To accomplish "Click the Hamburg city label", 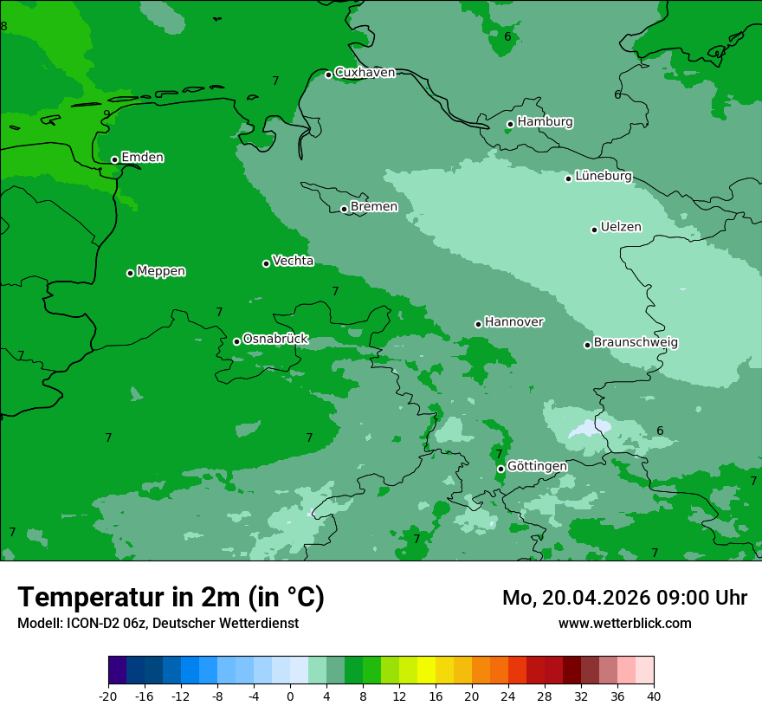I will [545, 122].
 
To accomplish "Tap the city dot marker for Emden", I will [114, 159].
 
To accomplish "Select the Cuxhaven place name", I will [365, 73].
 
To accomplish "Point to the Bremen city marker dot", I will [344, 209].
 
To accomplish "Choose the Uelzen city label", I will [621, 227].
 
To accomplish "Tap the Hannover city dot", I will [478, 324].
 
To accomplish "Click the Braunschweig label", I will [636, 342].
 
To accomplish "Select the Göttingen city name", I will [537, 466].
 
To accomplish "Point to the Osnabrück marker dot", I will [236, 341].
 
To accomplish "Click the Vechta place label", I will [293, 261].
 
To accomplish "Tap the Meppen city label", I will [161, 271].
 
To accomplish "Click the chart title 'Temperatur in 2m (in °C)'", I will [171, 597].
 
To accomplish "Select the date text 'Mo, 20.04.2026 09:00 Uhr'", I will [624, 598].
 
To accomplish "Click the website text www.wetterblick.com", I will [624, 623].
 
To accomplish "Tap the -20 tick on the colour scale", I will [108, 696].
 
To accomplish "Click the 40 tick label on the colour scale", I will [654, 696].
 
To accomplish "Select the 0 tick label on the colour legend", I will [290, 696].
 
